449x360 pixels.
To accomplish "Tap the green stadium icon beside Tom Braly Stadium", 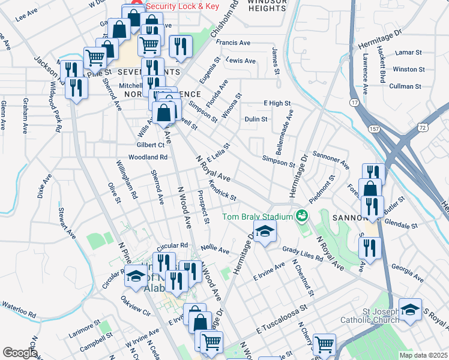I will pyautogui.click(x=301, y=215).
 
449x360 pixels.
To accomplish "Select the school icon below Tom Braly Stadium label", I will pyautogui.click(x=264, y=232).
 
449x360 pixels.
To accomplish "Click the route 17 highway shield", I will pyautogui.click(x=355, y=104).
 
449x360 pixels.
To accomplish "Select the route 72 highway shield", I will pyautogui.click(x=423, y=128).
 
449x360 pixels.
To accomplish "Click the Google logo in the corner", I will pyautogui.click(x=20, y=352).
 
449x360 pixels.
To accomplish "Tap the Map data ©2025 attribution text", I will pyautogui.click(x=423, y=355).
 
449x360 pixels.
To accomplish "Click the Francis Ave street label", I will pyautogui.click(x=233, y=43).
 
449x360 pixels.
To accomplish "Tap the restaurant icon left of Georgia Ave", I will pyautogui.click(x=369, y=247).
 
